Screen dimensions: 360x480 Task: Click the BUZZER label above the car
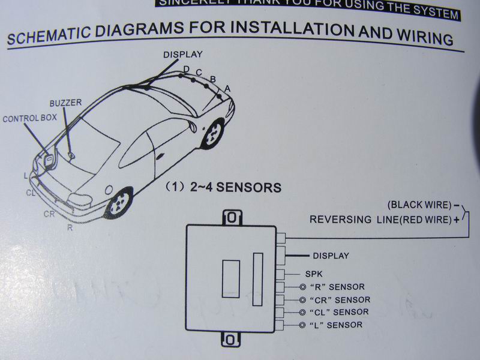point(65,103)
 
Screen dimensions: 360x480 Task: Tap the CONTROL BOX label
point(29,118)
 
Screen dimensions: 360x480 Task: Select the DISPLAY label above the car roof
point(182,54)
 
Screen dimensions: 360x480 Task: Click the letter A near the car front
point(227,89)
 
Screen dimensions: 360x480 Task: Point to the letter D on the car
point(186,70)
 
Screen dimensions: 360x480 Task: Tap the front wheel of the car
point(212,136)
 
